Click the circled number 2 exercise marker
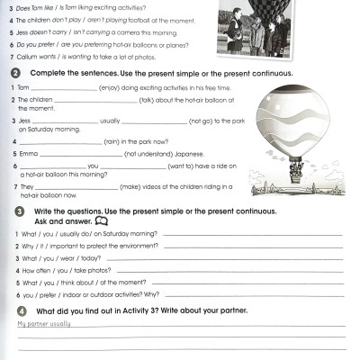coord(18,72)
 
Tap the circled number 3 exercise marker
coord(18,211)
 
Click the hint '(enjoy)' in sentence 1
coord(113,87)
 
